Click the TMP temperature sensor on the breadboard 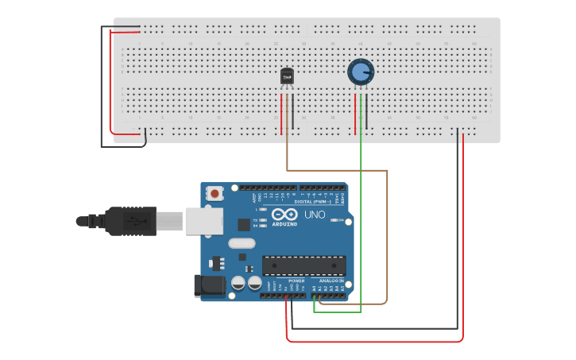coord(287,76)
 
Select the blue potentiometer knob coord(360,72)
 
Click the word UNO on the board coord(315,215)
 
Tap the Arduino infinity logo coord(284,215)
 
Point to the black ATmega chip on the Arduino coord(304,265)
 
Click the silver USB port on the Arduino coord(201,221)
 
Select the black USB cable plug coord(131,220)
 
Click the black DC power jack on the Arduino coord(208,287)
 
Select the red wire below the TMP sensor coord(280,111)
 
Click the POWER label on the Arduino coord(296,281)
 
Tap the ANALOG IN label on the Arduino coord(331,281)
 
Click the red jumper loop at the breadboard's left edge coord(110,79)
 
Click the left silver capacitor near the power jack coord(238,282)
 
